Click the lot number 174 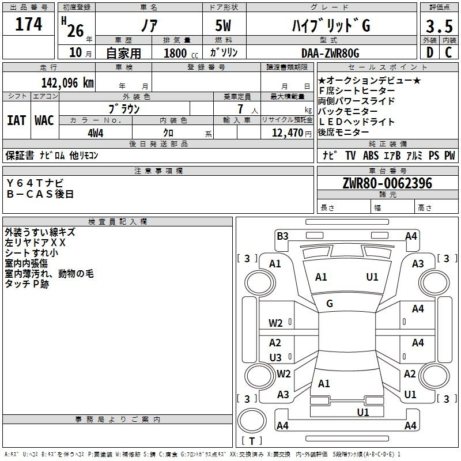point(28,24)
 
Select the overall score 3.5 point(439,26)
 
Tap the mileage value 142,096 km point(67,83)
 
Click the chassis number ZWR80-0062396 point(387,183)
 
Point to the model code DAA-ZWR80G point(330,53)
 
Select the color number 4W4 point(96,133)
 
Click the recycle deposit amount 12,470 point(287,133)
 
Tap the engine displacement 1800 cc point(181,53)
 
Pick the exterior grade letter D point(430,52)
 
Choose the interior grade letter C point(448,52)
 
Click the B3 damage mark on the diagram point(282,236)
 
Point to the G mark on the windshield point(330,304)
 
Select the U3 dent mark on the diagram point(275,357)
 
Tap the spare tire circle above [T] point(252,421)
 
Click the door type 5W point(223,25)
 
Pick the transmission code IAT point(17,120)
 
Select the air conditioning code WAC point(44,120)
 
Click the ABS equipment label point(371,156)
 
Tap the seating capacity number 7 point(240,109)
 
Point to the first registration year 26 point(75,31)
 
